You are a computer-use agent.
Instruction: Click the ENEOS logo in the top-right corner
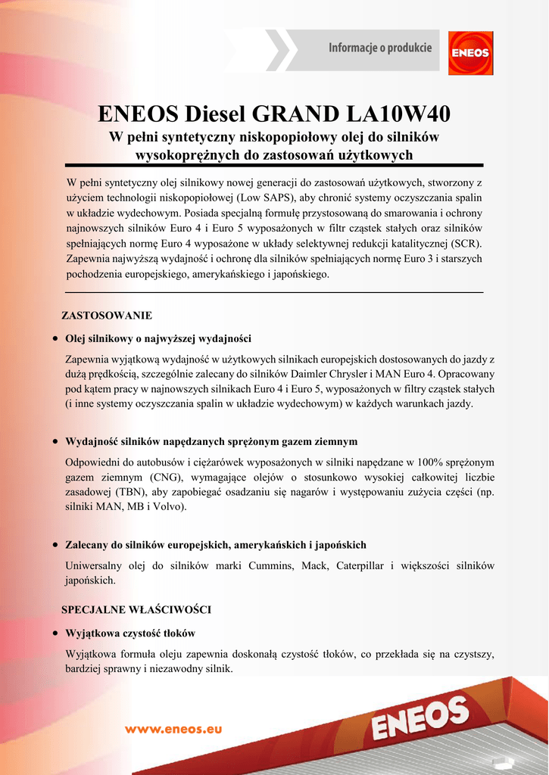[470, 52]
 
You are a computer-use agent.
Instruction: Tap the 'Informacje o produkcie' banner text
[380, 48]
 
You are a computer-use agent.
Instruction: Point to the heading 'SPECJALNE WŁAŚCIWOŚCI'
[136, 608]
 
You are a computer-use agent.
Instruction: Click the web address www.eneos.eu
[173, 729]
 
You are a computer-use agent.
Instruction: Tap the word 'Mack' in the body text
[313, 565]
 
